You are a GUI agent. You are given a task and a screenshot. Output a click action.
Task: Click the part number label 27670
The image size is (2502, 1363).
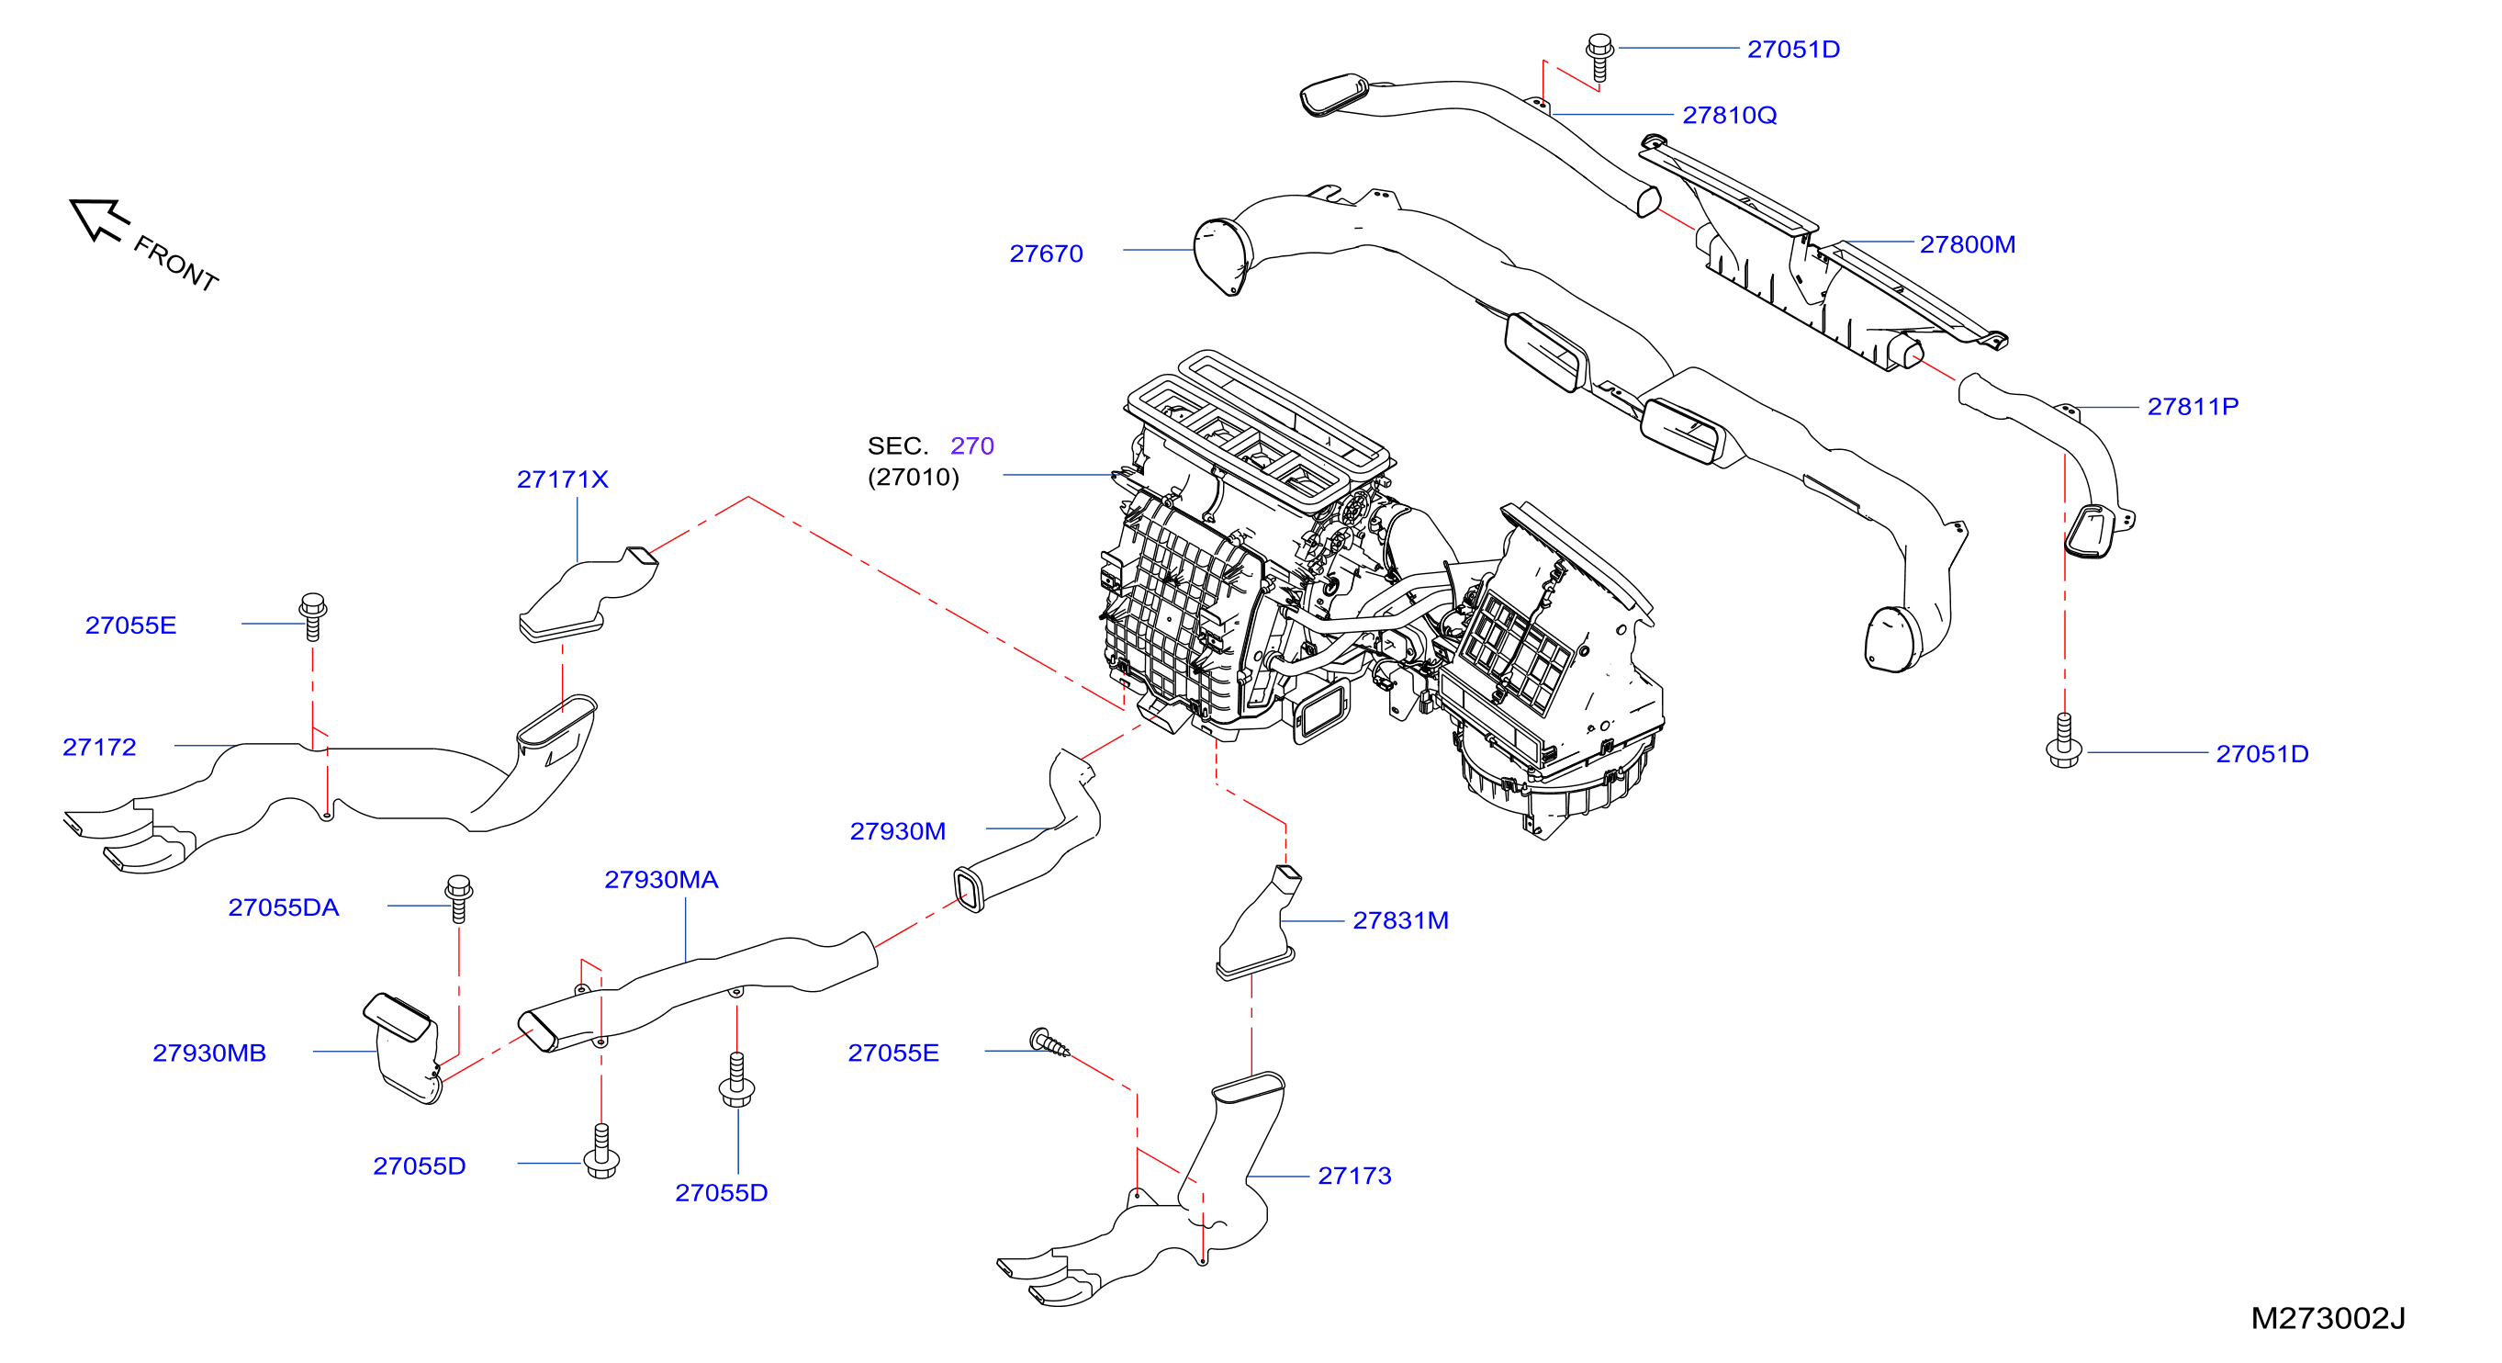[1045, 253]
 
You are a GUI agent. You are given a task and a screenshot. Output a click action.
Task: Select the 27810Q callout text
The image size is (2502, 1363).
[1729, 115]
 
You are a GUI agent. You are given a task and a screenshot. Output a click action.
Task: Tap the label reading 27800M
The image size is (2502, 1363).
[1967, 243]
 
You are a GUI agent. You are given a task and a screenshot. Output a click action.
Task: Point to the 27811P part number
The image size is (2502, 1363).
[2193, 406]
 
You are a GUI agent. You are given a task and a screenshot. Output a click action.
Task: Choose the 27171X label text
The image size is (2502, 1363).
[562, 479]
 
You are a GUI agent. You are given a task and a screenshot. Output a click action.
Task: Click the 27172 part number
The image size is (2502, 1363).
[99, 747]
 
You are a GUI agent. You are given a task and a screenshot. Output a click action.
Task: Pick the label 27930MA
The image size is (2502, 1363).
[660, 879]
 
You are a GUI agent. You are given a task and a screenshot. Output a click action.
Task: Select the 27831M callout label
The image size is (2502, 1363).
[1400, 920]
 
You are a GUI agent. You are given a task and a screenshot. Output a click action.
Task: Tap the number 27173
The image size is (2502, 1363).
[1354, 1176]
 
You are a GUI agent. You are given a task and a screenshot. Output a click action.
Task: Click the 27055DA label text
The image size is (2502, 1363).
[284, 907]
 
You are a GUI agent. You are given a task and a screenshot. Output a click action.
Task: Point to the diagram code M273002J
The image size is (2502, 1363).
[2328, 1318]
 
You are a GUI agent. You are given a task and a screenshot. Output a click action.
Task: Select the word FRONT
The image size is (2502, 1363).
[175, 264]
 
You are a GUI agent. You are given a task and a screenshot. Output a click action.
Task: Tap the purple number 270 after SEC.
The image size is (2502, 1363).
[971, 445]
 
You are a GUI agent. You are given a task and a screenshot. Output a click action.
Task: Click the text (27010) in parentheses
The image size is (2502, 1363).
[913, 477]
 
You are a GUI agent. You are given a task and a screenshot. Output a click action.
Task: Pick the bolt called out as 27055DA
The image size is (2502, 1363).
[458, 898]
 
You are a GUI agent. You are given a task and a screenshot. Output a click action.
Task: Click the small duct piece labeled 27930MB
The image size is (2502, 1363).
[403, 1047]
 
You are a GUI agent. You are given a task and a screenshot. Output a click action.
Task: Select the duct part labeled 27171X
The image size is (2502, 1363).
[588, 594]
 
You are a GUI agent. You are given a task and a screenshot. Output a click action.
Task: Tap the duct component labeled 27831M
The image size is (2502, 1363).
[1256, 923]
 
